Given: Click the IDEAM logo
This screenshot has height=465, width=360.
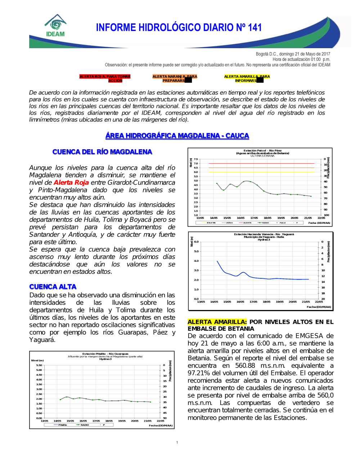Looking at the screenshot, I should tap(55, 26).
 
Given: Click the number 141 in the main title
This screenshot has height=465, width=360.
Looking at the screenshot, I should tap(255, 28).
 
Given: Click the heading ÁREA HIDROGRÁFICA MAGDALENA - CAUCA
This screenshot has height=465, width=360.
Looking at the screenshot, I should tap(177, 136).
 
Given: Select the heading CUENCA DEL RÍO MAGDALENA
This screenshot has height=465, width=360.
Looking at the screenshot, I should tap(102, 152).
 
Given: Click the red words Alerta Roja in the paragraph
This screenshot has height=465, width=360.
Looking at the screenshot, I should tap(71, 182).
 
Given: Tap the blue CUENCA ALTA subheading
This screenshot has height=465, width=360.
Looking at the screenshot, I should tap(53, 287).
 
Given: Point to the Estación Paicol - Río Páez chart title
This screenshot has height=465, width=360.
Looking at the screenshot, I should tap(262, 151).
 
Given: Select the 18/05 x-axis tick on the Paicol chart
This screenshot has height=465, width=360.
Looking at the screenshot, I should tap(267, 218).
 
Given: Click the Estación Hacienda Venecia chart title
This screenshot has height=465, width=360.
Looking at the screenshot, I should tap(264, 234).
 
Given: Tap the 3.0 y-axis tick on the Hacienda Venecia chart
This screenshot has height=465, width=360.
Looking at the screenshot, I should tap(196, 270).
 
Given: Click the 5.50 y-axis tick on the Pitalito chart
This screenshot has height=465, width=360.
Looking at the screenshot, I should tap(39, 365).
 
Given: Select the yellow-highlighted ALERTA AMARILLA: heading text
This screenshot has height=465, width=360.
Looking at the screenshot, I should tap(217, 322).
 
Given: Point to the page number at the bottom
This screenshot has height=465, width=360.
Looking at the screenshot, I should tap(177, 443).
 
